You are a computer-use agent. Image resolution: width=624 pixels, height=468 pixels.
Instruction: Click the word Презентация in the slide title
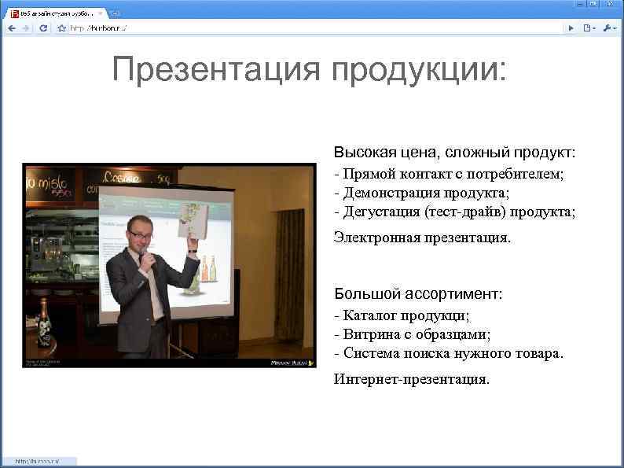tap(217, 69)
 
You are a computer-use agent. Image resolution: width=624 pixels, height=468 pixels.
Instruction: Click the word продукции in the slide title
tap(420, 69)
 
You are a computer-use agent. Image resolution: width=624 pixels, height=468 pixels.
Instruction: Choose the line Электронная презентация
tap(422, 237)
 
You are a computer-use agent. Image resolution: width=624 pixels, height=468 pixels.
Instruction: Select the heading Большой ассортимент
tap(418, 294)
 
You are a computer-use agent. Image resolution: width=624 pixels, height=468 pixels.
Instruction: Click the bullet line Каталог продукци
tap(402, 316)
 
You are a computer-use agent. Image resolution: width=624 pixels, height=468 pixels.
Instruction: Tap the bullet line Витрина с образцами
tap(412, 335)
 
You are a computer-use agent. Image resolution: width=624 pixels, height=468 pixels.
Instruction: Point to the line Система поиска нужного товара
tap(448, 354)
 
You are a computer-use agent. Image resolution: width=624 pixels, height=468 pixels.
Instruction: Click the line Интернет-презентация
tap(411, 379)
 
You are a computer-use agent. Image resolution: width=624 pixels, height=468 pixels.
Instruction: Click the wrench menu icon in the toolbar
tap(610, 28)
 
